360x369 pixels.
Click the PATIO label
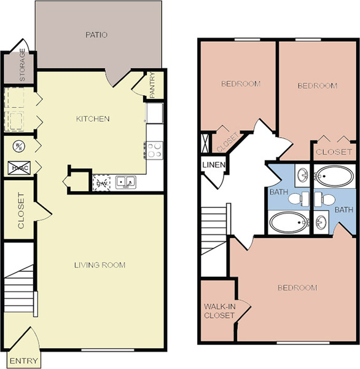point(96,35)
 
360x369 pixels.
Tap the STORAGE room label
point(22,65)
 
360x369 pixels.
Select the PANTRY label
point(152,85)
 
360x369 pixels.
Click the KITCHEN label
point(93,119)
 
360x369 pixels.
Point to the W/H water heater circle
point(19,146)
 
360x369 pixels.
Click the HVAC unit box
point(19,168)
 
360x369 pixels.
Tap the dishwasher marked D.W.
point(101,183)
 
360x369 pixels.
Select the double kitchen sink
point(125,183)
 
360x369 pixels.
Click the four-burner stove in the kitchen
point(154,150)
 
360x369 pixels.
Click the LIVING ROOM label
point(100,265)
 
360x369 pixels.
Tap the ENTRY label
point(24,361)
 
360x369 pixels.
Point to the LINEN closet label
point(214,165)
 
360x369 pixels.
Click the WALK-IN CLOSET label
point(219,311)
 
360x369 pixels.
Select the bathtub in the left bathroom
point(289,223)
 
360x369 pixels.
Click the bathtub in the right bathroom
point(334,177)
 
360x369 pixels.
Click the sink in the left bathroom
point(302,175)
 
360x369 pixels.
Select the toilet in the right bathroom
point(325,199)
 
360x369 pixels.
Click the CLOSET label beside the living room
point(21,210)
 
